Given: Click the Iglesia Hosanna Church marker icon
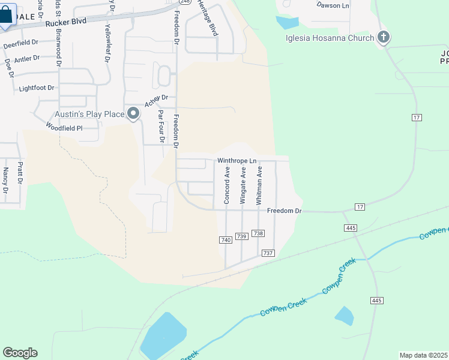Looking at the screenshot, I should pyautogui.click(x=384, y=38).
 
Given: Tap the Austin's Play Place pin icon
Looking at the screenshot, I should pyautogui.click(x=133, y=113).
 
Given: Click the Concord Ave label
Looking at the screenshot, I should pyautogui.click(x=227, y=186).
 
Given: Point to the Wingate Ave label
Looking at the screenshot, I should pyautogui.click(x=243, y=186).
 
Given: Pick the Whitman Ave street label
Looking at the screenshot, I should pyautogui.click(x=259, y=186).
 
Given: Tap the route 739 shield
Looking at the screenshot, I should pyautogui.click(x=242, y=236).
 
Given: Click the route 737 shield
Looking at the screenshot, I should pyautogui.click(x=268, y=253).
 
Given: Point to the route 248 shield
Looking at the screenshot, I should pyautogui.click(x=184, y=2).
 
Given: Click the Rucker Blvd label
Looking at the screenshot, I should pyautogui.click(x=66, y=22).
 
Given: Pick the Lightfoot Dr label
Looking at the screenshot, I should pyautogui.click(x=37, y=88).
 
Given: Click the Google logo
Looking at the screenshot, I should pyautogui.click(x=20, y=353).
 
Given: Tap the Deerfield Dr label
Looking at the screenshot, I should pyautogui.click(x=21, y=44).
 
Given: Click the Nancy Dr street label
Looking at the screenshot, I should pyautogui.click(x=5, y=181).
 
